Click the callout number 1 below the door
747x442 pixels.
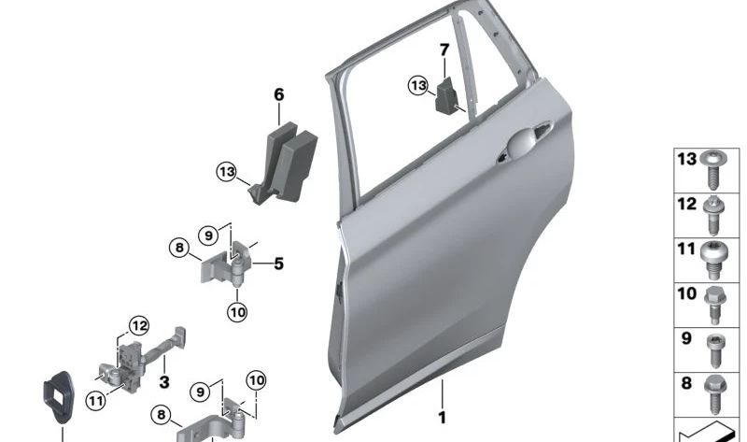tap(443, 418)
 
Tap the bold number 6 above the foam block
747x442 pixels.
tap(278, 94)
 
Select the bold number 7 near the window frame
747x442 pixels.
tap(444, 50)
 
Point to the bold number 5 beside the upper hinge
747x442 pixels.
tap(277, 264)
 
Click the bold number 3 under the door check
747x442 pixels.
tap(164, 381)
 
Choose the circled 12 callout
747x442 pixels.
tap(139, 326)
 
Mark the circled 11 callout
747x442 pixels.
tap(95, 400)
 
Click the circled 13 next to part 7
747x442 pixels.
tap(418, 86)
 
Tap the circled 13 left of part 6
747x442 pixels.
tap(227, 171)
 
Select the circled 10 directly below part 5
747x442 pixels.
tap(236, 312)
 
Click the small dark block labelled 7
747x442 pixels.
tap(448, 94)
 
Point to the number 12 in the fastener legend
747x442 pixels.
tap(686, 204)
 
